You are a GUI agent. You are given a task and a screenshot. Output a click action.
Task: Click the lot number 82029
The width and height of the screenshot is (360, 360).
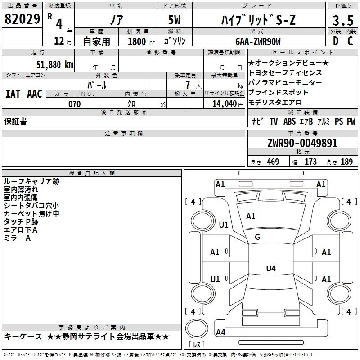coord(22,19)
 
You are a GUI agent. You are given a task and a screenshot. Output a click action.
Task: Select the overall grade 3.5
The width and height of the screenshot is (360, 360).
coord(343,20)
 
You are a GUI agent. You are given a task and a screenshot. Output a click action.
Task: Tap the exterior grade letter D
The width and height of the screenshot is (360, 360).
coord(336,41)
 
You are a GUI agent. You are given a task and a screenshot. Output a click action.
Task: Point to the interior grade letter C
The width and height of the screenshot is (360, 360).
coord(350,41)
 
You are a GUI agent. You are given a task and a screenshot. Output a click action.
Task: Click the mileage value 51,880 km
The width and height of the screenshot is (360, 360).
coord(55,65)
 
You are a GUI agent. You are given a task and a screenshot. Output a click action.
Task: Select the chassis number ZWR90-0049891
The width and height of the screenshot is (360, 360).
coord(302,143)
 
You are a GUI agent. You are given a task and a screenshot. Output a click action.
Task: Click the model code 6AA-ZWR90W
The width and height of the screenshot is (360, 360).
coord(258,41)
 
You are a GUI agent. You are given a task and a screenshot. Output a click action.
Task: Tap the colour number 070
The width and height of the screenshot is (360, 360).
coord(75,104)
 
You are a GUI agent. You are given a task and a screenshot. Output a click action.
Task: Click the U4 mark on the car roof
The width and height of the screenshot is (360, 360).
coord(271,268)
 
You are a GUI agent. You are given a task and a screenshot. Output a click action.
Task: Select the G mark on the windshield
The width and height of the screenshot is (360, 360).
coord(257,237)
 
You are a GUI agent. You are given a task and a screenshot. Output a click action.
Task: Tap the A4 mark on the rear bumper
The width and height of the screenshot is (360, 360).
coord(220,332)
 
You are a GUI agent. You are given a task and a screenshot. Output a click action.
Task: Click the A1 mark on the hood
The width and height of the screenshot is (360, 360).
coord(251,216)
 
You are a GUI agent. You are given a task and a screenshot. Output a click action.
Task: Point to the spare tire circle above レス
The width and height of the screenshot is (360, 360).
coord(197,328)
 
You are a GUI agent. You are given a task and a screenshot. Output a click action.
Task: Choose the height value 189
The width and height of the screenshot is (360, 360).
coord(346,162)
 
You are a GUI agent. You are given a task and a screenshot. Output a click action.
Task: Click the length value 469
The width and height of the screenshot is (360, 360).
coord(273,162)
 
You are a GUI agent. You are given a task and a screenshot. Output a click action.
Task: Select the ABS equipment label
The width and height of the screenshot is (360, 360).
coord(289,121)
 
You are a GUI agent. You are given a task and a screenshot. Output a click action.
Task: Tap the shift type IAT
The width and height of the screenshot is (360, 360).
coord(13,94)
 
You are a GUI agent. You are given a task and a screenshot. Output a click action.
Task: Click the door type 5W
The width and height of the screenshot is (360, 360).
coord(174,20)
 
